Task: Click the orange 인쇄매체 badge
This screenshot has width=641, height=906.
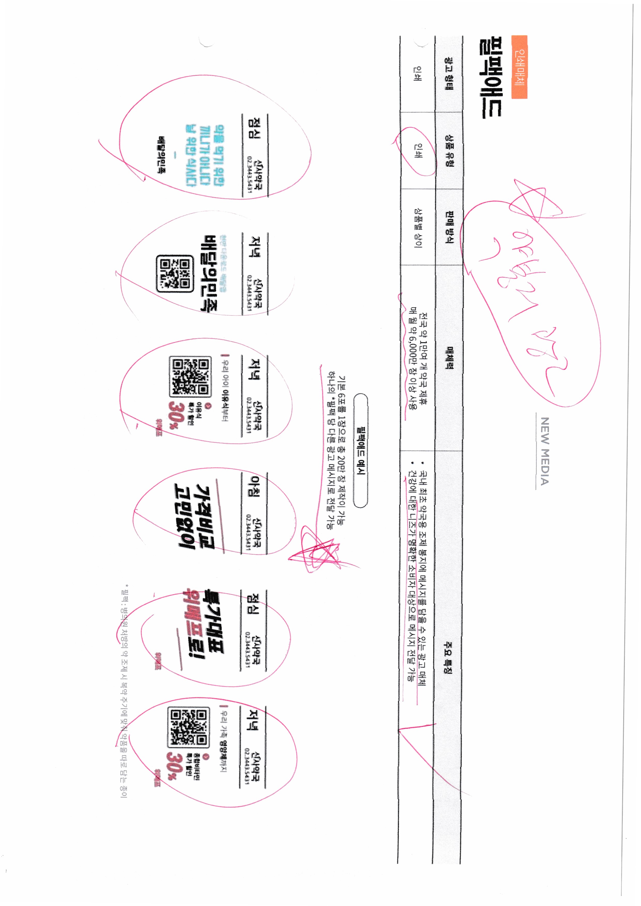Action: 519,67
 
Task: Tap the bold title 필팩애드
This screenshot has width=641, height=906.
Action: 490,78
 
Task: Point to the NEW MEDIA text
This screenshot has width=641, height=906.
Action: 545,451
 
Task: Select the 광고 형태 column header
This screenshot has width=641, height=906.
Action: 449,74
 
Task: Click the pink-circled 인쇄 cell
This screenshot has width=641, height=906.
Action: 417,151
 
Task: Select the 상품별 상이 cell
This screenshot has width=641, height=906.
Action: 417,228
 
